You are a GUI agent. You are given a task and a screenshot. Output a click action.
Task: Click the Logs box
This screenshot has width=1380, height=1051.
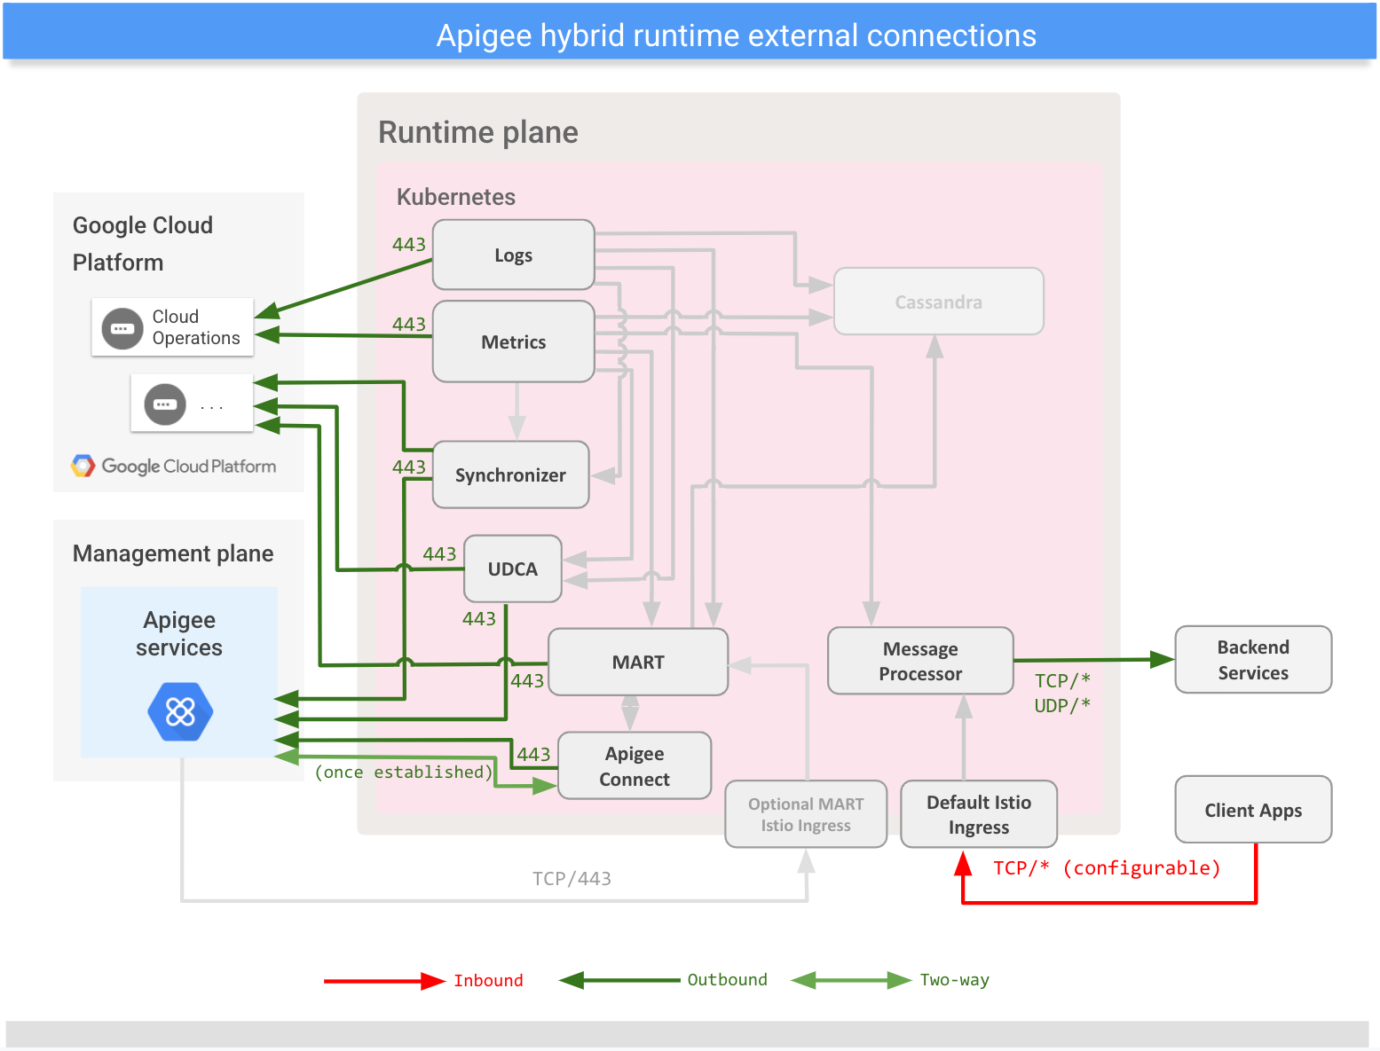click(x=513, y=255)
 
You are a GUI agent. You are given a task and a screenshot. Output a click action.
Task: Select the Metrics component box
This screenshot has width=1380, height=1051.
click(x=513, y=342)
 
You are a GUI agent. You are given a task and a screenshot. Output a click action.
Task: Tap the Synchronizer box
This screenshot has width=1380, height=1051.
click(x=510, y=475)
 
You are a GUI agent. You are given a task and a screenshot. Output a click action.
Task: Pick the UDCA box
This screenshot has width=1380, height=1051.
click(x=512, y=569)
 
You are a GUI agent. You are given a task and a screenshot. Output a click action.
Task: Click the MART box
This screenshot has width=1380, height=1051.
click(x=637, y=663)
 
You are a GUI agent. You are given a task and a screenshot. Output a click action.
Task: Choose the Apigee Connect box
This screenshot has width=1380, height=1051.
click(x=634, y=766)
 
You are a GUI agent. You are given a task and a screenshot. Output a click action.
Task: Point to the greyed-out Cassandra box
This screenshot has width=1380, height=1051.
click(x=938, y=302)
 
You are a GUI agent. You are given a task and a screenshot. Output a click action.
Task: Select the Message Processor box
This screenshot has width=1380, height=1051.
click(x=920, y=662)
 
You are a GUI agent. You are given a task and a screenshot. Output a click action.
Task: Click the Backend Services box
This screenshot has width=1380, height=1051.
click(x=1252, y=660)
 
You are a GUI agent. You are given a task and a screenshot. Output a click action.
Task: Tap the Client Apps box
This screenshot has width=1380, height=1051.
click(x=1252, y=811)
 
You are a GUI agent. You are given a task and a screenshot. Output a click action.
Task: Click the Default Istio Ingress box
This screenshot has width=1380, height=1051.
click(x=978, y=815)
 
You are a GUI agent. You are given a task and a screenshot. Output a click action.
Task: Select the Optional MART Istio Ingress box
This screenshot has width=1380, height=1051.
click(x=805, y=815)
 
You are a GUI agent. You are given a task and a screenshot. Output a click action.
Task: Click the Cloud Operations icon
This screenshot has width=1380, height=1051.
click(x=122, y=328)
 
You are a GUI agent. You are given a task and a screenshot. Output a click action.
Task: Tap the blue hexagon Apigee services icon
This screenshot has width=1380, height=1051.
click(x=180, y=711)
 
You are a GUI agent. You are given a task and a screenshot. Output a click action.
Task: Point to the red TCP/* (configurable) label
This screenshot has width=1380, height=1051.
click(x=1106, y=868)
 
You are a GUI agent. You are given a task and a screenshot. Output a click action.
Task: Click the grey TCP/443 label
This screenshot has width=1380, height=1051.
click(x=572, y=879)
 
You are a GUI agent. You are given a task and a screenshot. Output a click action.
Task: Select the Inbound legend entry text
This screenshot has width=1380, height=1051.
click(x=488, y=981)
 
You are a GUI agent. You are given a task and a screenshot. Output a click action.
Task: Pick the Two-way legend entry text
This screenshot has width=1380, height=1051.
click(x=954, y=980)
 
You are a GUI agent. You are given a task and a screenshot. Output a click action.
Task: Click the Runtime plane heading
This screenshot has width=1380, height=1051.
click(x=477, y=133)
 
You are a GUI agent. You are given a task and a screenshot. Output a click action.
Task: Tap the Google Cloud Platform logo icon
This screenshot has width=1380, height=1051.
click(x=83, y=467)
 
